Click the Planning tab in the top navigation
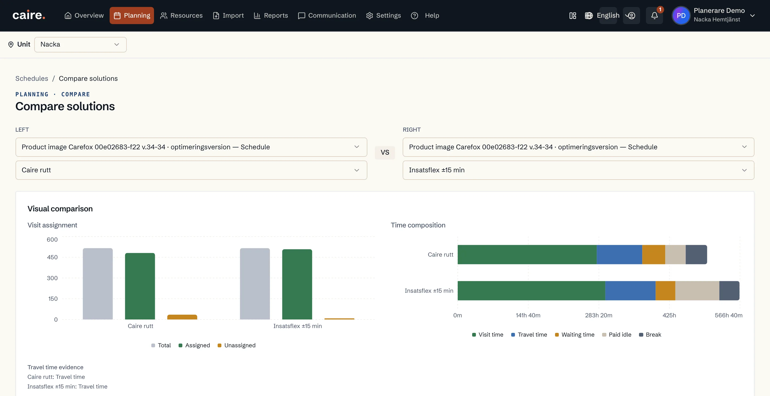click(x=132, y=16)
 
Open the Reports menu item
click(x=271, y=16)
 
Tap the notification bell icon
click(x=654, y=16)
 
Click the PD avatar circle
click(x=681, y=16)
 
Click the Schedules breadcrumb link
click(x=32, y=78)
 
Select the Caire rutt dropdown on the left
click(x=191, y=170)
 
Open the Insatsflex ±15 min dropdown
click(x=578, y=170)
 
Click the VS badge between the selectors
click(x=385, y=153)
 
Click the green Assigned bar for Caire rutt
click(x=140, y=286)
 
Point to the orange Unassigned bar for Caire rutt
click(x=182, y=317)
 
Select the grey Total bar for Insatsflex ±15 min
click(x=255, y=284)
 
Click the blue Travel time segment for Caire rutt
click(x=619, y=254)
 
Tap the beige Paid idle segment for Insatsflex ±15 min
click(x=697, y=291)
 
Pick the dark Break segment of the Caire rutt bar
click(x=696, y=254)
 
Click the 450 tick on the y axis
click(x=52, y=257)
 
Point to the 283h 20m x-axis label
click(x=599, y=315)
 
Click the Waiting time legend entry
click(x=575, y=335)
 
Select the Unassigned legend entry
click(x=236, y=345)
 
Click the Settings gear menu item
click(x=383, y=16)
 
